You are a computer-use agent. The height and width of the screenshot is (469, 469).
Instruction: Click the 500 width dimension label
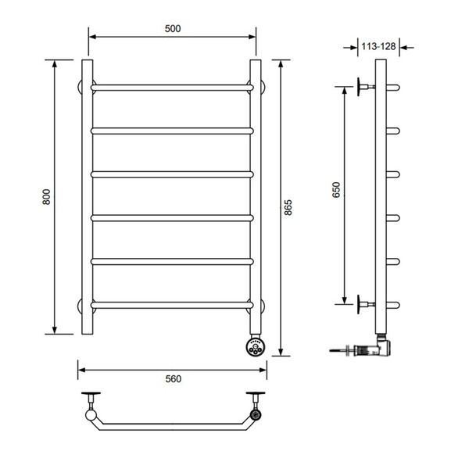tap(173, 29)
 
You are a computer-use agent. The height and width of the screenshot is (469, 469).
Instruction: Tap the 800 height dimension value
tap(47, 197)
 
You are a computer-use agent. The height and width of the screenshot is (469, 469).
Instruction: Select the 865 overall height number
tap(288, 207)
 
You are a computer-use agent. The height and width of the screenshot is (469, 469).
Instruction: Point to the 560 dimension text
tap(174, 379)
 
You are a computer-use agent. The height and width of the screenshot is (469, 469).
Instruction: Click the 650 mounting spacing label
tap(336, 190)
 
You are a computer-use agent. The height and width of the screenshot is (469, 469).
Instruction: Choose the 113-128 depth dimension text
tap(378, 46)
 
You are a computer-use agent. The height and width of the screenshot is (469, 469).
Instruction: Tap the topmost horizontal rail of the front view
tap(172, 88)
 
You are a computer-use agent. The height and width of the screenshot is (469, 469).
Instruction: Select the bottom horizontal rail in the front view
tap(172, 305)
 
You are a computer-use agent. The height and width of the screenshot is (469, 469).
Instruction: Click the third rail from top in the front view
tap(172, 174)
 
